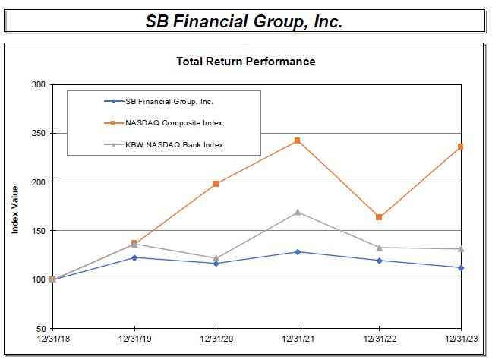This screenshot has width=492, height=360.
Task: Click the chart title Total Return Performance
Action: point(245,61)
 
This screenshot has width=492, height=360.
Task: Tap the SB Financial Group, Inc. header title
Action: point(244,21)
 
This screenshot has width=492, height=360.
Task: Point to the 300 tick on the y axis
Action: point(38,84)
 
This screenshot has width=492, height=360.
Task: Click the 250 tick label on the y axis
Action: point(38,133)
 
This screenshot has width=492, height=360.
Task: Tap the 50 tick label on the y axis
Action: point(40,328)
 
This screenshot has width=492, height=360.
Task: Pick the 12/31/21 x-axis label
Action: point(297,338)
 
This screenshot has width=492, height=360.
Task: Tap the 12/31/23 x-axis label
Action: point(460,338)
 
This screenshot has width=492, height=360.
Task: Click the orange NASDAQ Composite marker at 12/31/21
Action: point(297,141)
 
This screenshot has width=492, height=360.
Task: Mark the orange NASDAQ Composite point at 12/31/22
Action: point(379,217)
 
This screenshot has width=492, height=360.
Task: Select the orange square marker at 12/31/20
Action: point(216,184)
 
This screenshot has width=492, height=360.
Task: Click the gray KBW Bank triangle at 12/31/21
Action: point(297,212)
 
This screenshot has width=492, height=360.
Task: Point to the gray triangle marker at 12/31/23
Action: point(460,248)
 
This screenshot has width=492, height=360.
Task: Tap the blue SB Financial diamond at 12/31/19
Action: point(134,257)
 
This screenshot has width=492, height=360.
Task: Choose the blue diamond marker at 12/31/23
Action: point(460,267)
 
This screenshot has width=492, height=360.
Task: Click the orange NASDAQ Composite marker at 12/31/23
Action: point(460,147)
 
